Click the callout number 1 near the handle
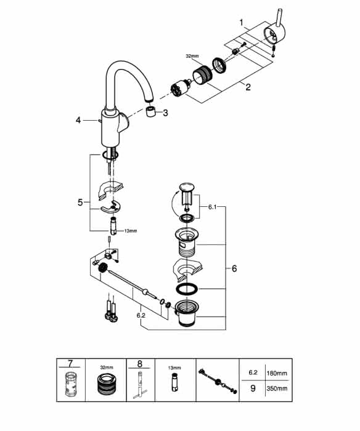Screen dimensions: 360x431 click(242, 22)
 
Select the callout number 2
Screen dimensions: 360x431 click(248, 87)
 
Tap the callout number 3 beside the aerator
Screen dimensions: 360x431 click(165, 113)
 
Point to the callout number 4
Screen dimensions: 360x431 click(78, 120)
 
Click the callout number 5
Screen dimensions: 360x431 click(80, 203)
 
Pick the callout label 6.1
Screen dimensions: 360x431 click(212, 207)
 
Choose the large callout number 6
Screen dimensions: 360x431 click(234, 268)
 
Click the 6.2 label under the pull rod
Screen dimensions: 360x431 click(141, 315)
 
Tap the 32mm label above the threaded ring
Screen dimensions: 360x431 click(192, 56)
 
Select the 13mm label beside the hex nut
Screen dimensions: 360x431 click(131, 231)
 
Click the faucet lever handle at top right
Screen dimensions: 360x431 click(275, 29)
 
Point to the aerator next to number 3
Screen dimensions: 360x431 click(151, 112)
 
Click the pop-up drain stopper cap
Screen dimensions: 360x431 click(187, 187)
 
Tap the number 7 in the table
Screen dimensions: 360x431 click(70, 363)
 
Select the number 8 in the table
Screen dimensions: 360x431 click(140, 364)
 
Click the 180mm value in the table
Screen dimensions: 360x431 click(277, 373)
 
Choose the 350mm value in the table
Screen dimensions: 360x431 click(277, 389)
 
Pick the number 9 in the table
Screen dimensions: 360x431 click(253, 388)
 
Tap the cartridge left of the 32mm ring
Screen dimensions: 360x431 click(180, 87)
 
